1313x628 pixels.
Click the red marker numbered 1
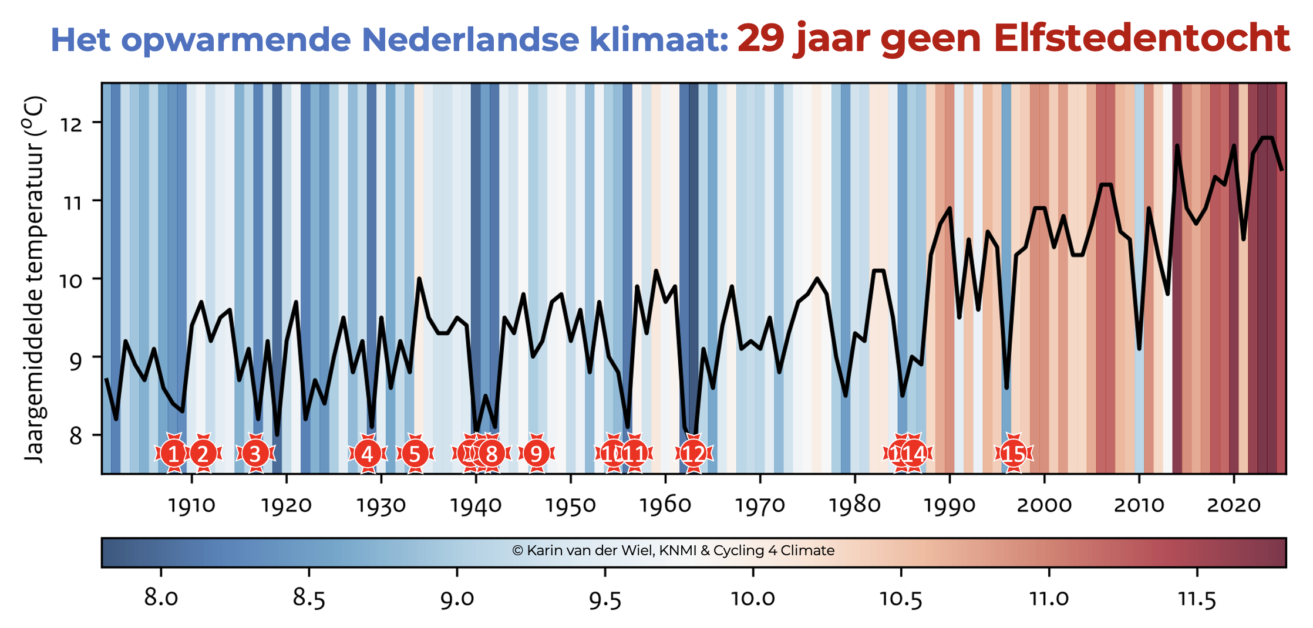173,454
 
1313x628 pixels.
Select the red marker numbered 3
255,454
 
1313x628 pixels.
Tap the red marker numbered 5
415,454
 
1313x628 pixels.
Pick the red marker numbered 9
536,454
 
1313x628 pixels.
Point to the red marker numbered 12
693,454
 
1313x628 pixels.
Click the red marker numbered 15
1014,454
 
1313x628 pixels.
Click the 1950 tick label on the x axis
570,505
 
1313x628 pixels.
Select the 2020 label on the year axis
1234,505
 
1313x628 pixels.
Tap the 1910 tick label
191,505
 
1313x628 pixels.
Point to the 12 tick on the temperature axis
71,124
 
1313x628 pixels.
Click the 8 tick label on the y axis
76,436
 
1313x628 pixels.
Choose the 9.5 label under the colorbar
605,599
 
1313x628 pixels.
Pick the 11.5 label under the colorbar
1197,599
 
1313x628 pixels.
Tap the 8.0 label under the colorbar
161,599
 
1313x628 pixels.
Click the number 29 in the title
760,39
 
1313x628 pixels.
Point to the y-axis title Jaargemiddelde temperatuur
35,279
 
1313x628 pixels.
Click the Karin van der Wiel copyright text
673,551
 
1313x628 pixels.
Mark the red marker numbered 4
368,454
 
